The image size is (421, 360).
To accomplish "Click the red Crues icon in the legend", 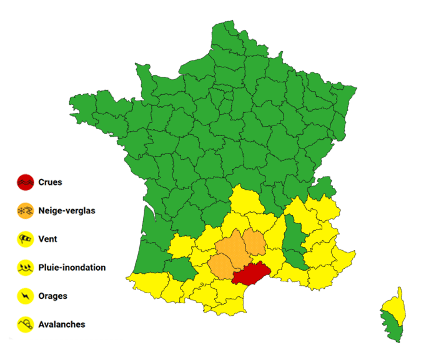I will (x=25, y=183).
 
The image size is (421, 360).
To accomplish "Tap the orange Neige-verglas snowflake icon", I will (x=25, y=212).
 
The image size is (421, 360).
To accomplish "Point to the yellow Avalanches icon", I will (x=25, y=324).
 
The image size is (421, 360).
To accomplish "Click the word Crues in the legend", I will (x=50, y=183).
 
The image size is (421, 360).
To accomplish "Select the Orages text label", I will (x=52, y=296).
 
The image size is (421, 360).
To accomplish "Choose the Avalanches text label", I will (x=61, y=324).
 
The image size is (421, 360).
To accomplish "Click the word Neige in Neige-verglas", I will (x=50, y=212).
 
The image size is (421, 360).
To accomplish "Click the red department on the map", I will (x=252, y=273).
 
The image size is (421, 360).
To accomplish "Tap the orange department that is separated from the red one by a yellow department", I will (x=254, y=242).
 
